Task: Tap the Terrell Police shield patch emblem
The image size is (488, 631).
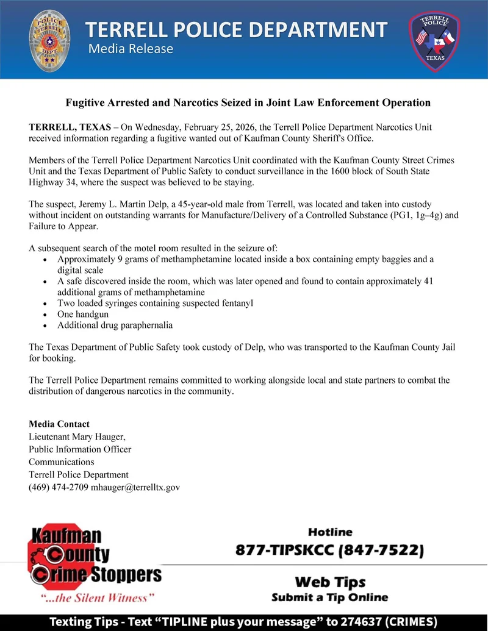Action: [x=434, y=40]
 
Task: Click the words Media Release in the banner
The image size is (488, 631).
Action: [x=131, y=49]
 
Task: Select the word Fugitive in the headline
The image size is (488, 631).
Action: [x=87, y=103]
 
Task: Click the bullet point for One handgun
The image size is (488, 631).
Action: [x=48, y=315]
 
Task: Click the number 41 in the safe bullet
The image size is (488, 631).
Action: [x=428, y=282]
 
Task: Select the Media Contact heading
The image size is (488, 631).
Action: [x=59, y=424]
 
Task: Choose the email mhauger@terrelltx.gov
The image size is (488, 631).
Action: [x=135, y=488]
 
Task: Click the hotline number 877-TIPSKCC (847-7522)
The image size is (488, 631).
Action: [x=329, y=551]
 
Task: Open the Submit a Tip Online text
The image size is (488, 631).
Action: [x=329, y=597]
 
